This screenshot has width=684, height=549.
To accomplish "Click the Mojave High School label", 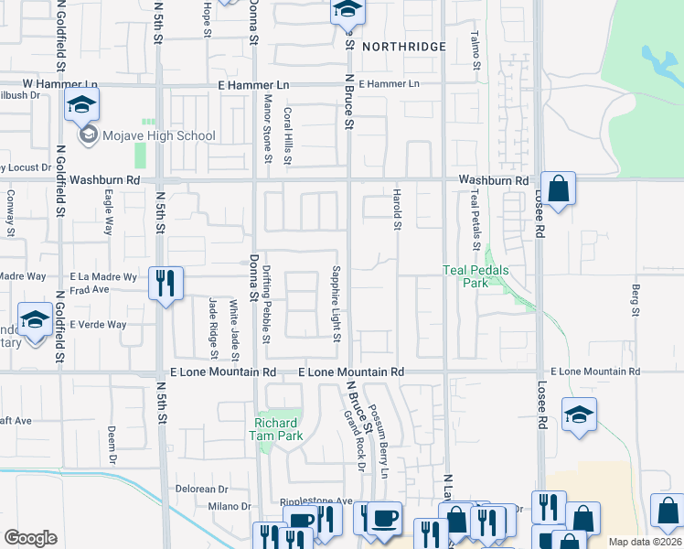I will point(159,136).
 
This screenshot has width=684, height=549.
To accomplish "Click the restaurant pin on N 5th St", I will point(166,283).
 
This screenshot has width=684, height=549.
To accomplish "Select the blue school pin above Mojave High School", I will point(81,106).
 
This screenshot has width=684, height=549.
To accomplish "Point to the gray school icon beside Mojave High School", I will point(89,136).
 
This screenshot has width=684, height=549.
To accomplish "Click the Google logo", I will point(30,538).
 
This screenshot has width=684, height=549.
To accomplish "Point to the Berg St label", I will point(635,301).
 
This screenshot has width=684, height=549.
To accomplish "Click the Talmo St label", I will point(476,50).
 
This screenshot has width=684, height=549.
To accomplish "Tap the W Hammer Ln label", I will point(28,85).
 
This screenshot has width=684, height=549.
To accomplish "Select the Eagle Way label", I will point(108,211).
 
